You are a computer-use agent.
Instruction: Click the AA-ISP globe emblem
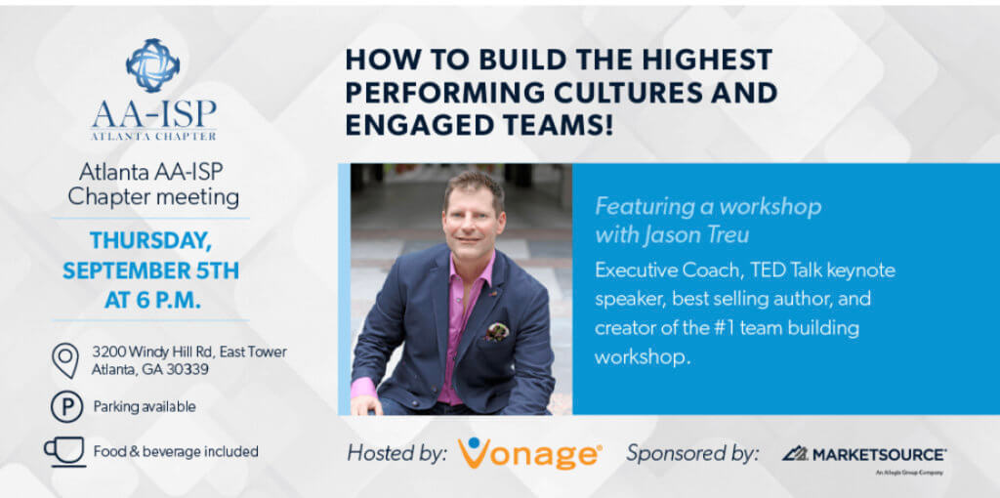click(153, 65)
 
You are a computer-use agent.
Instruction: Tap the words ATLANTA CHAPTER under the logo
click(153, 135)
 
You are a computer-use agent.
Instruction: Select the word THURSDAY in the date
click(150, 240)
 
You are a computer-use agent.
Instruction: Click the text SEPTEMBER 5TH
click(150, 270)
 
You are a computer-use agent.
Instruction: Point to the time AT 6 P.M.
click(152, 301)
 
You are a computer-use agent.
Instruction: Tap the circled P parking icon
click(67, 407)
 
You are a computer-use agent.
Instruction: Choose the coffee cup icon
click(65, 452)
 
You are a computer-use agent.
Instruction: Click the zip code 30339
click(187, 370)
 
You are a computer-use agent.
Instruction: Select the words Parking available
click(145, 407)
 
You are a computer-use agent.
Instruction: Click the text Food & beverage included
click(176, 452)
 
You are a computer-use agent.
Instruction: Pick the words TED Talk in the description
click(776, 270)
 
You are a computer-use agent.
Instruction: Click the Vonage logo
click(529, 453)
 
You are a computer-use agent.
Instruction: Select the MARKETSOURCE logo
click(864, 455)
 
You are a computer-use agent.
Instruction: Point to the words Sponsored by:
click(692, 454)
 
